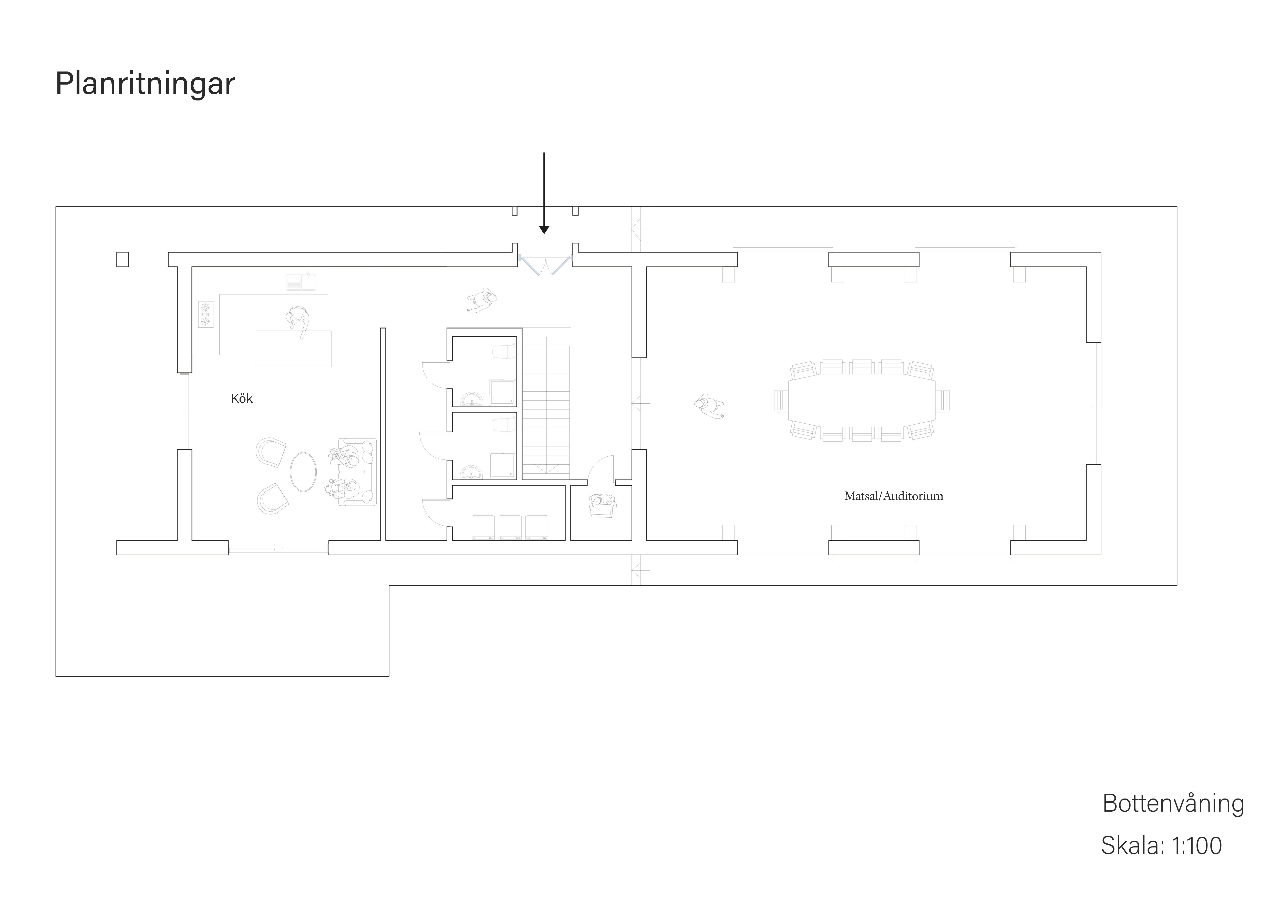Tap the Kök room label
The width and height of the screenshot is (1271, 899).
(242, 399)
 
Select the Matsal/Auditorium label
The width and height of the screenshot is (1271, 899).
(893, 496)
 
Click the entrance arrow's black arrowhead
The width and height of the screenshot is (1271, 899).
(544, 230)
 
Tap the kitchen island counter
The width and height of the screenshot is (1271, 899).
(293, 349)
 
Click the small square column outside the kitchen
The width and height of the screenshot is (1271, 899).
(122, 260)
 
